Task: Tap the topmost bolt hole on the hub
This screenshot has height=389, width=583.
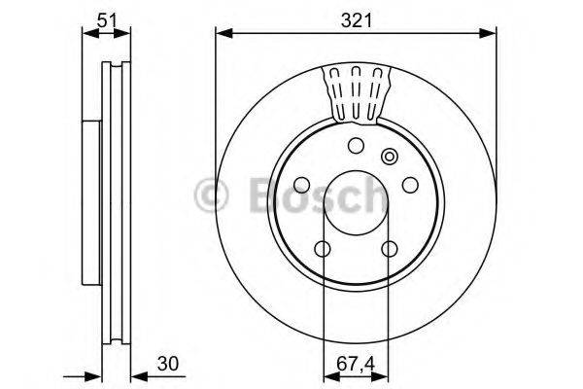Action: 356,146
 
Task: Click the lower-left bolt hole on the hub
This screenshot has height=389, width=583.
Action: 322,251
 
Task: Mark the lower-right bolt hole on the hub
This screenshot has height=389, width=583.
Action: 390,251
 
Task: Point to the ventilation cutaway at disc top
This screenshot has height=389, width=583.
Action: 356,92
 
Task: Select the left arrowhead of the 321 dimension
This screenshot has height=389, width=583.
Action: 222,33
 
